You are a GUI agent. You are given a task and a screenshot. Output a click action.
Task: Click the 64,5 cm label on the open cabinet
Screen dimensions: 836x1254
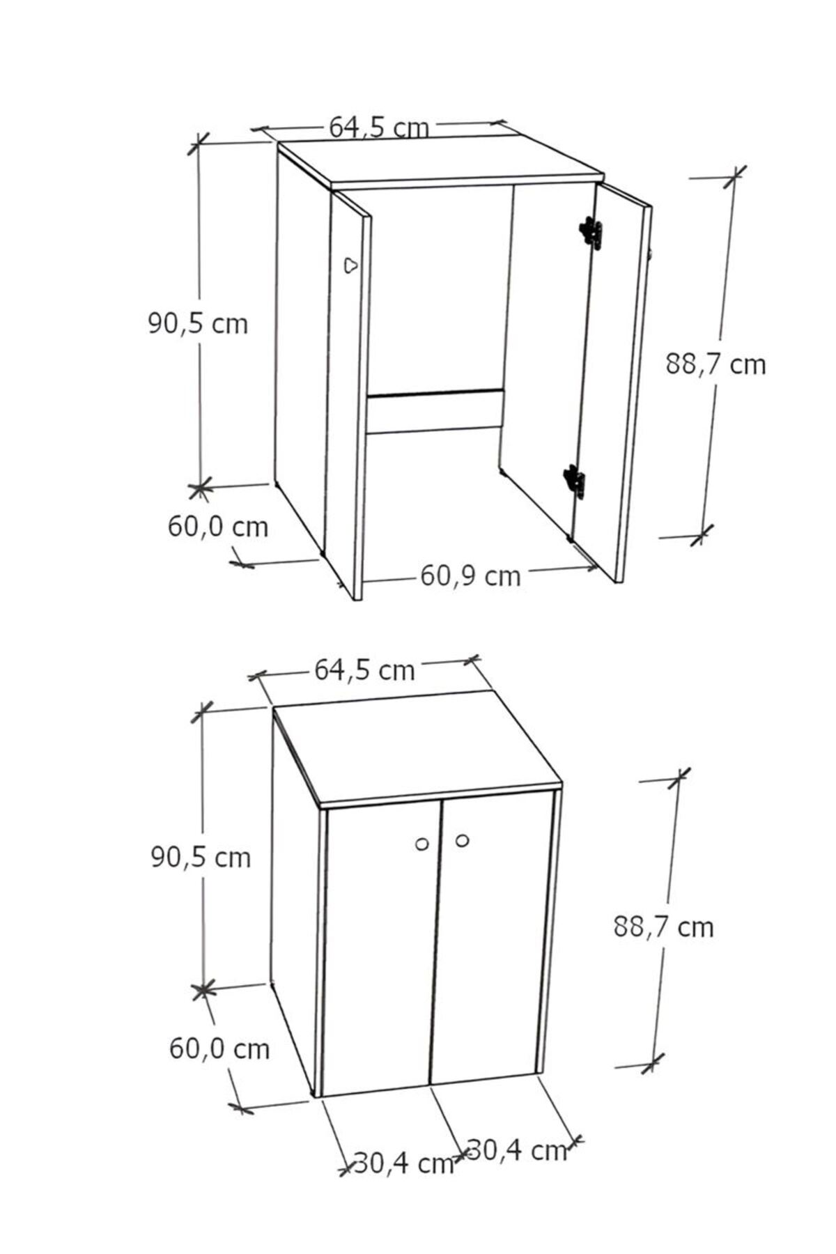pos(379,127)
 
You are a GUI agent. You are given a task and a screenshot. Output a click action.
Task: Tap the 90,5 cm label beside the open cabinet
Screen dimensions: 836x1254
pos(198,323)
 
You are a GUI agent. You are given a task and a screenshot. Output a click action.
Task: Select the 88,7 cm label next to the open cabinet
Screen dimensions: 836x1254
pos(715,364)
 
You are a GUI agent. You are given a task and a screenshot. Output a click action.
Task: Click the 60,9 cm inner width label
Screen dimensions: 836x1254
pos(470,575)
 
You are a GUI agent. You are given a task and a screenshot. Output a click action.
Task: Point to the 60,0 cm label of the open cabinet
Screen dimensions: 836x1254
pos(218,526)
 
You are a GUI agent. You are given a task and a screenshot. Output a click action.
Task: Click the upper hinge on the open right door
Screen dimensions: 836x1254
pos(591,231)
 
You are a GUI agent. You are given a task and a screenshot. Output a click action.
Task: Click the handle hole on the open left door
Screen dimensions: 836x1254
pos(351,265)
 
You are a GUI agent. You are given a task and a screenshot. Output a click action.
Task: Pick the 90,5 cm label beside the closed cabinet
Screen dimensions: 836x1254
pos(201,856)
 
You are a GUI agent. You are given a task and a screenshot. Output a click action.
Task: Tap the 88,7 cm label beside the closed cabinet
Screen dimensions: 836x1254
pos(664,927)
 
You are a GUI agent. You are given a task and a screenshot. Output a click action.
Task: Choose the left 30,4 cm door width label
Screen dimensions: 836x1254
pos(404,1163)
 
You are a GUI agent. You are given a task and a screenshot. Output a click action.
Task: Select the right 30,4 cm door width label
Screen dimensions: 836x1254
pos(516,1149)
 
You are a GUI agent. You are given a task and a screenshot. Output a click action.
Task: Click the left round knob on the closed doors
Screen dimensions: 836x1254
pos(421,844)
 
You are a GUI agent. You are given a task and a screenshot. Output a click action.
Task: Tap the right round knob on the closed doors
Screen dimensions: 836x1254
pos(462,841)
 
